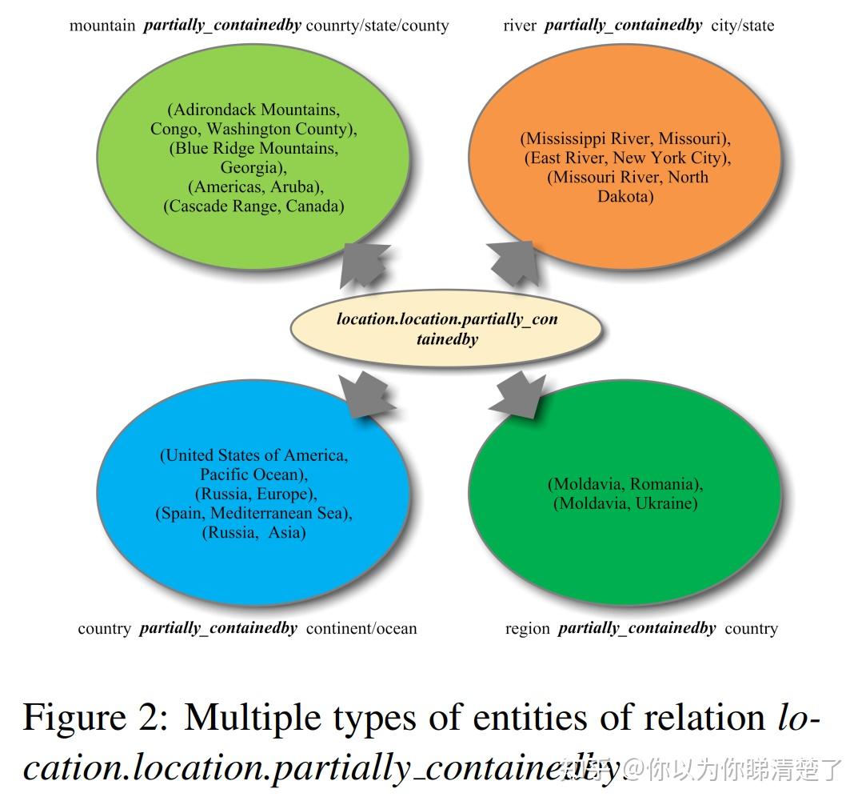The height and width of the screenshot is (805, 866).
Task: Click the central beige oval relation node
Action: (446, 329)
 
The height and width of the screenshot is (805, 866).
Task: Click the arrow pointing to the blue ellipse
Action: (366, 394)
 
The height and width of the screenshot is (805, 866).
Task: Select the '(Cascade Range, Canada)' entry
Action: (253, 206)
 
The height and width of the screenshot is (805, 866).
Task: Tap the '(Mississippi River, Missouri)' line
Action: (626, 138)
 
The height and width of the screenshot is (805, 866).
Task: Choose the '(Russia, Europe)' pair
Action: (255, 494)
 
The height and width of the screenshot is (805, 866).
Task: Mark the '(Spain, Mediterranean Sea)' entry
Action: (253, 513)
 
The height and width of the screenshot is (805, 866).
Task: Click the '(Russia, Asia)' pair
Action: (254, 532)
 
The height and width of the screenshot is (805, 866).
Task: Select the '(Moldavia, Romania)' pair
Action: (625, 484)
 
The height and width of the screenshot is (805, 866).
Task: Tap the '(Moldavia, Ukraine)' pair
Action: (625, 503)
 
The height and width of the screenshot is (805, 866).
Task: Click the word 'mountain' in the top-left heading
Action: (102, 26)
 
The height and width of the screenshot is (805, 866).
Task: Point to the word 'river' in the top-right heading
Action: (520, 26)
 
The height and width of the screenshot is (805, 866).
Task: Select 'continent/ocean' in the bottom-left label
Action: (361, 629)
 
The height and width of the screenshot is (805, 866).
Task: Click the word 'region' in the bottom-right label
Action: (527, 629)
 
